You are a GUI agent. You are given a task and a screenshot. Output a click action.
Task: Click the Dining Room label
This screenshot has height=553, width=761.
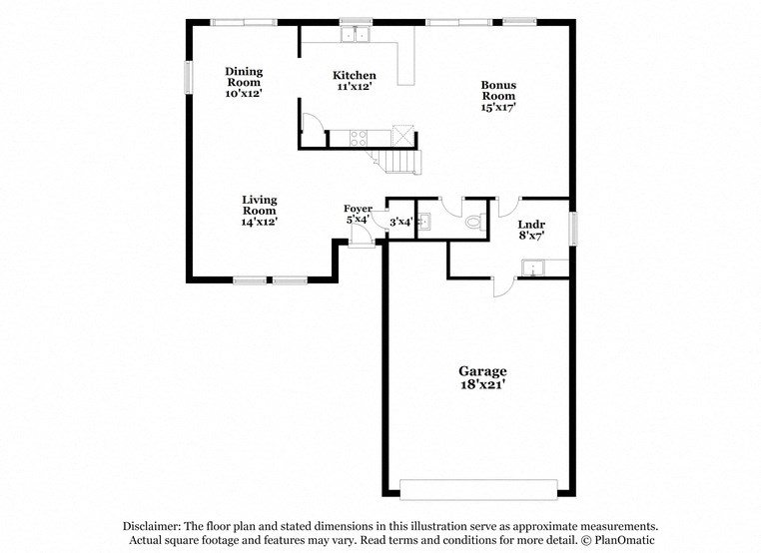[x=243, y=71]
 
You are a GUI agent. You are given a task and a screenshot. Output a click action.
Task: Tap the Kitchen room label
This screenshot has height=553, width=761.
[x=355, y=76]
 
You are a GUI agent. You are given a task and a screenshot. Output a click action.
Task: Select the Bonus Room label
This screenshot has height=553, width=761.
[x=498, y=91]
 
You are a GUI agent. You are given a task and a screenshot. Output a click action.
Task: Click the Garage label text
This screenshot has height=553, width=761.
[x=482, y=371]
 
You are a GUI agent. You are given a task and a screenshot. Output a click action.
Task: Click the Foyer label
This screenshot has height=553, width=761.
[x=358, y=209]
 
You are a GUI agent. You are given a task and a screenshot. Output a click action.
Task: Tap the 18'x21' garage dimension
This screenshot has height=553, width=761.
[x=482, y=384]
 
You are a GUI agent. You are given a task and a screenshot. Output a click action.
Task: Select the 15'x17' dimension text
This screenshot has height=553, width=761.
[x=497, y=106]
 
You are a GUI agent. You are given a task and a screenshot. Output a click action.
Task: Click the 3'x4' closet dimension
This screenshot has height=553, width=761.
[x=400, y=222]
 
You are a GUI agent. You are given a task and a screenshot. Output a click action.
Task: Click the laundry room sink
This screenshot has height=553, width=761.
[x=532, y=268]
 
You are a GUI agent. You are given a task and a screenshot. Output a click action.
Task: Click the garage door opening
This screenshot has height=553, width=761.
[x=478, y=489]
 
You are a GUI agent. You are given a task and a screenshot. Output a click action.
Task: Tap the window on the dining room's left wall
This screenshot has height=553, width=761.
[x=187, y=77]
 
